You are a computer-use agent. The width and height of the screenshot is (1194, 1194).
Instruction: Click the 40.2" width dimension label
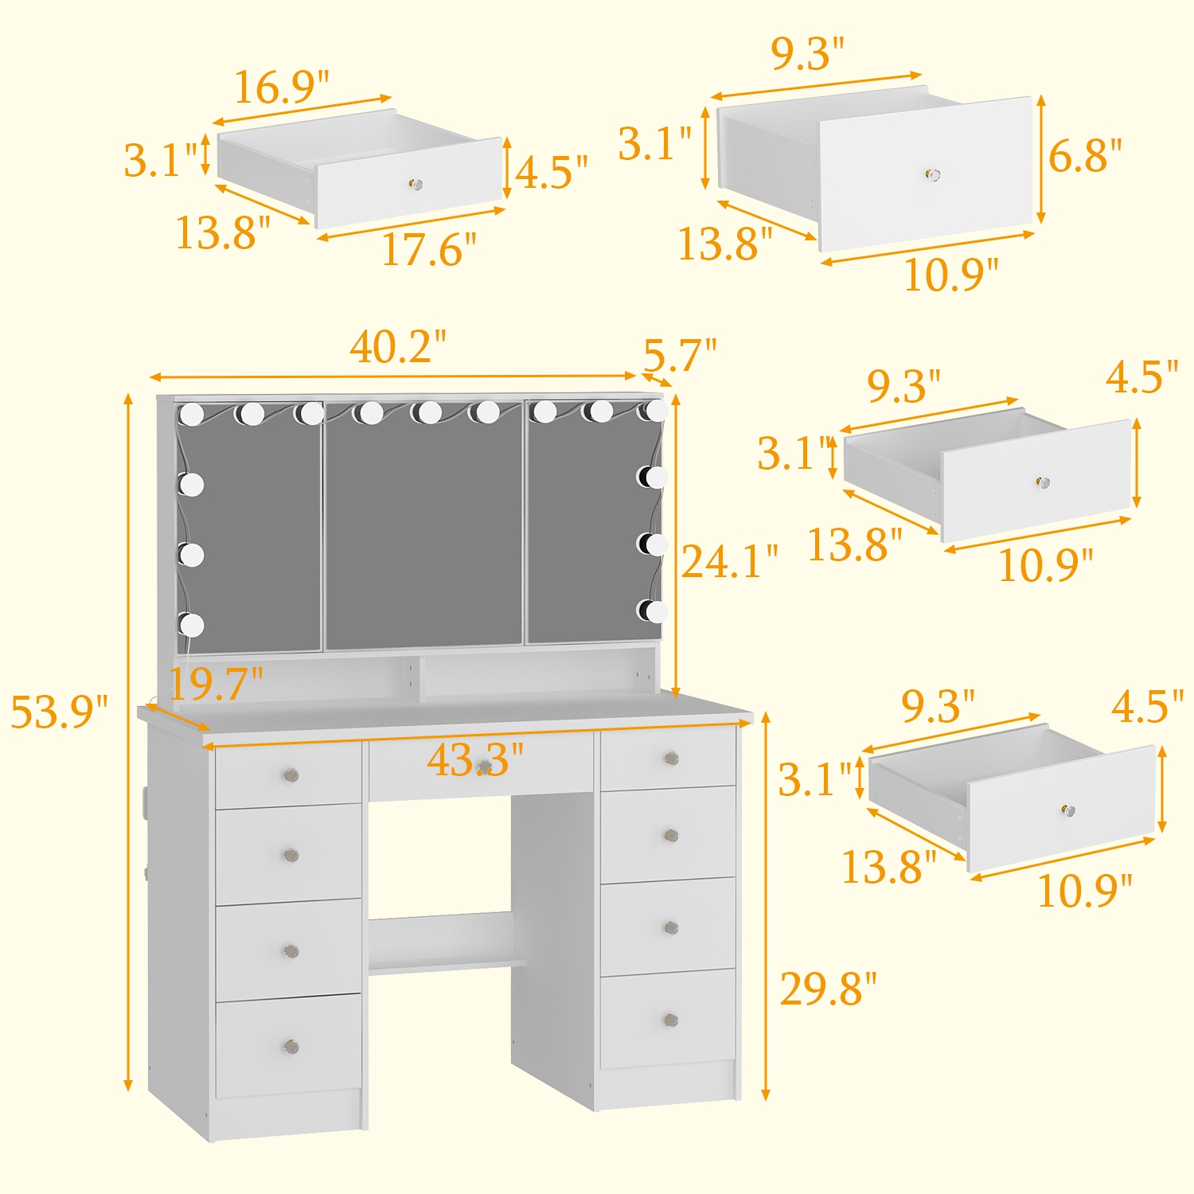(x=397, y=347)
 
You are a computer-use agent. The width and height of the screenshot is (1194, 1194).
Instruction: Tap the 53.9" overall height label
(x=59, y=712)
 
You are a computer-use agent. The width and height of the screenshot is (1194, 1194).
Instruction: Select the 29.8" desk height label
(x=828, y=989)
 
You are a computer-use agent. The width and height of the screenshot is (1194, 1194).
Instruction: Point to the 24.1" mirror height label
(x=729, y=562)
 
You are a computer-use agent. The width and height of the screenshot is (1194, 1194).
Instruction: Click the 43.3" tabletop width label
(x=475, y=759)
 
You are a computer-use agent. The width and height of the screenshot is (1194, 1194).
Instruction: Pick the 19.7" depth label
(x=216, y=683)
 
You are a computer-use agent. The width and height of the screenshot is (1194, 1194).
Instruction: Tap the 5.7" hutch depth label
(x=680, y=355)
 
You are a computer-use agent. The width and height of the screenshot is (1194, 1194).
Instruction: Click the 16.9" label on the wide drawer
(x=281, y=87)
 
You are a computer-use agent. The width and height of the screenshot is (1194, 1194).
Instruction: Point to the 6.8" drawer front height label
(x=1085, y=155)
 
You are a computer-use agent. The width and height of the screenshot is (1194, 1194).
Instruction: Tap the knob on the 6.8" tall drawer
(x=933, y=174)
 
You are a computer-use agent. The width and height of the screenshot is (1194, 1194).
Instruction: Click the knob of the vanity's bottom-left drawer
(x=291, y=1046)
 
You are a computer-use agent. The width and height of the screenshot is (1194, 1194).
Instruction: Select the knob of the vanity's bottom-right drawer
(x=670, y=1020)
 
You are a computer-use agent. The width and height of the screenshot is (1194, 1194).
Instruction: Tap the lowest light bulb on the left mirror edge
(x=191, y=625)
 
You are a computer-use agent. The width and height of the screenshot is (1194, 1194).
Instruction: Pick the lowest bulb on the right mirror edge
(x=655, y=611)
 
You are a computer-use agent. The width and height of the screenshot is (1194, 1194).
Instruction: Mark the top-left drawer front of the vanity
(x=288, y=776)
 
